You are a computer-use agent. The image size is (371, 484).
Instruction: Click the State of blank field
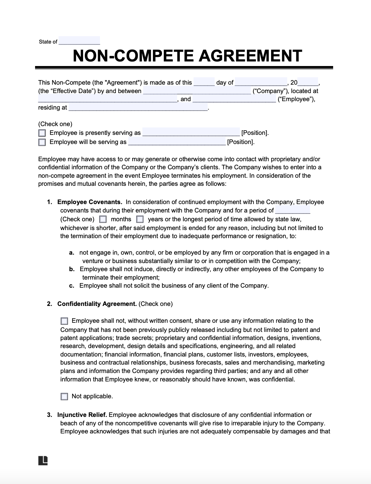(x=79, y=41)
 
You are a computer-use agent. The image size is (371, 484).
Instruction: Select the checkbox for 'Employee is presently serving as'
(x=42, y=133)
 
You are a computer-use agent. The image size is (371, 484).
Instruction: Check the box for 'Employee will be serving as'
(x=42, y=142)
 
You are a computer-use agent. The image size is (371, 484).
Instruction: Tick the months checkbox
(x=103, y=220)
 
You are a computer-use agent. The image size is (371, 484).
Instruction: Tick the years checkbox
(x=140, y=220)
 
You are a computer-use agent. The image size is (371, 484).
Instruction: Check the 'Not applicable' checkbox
(x=64, y=397)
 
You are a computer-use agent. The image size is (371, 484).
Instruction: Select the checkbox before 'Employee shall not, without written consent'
(x=64, y=321)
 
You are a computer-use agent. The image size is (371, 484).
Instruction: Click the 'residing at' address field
(x=138, y=107)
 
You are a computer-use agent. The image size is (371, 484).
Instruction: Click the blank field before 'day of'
(x=204, y=82)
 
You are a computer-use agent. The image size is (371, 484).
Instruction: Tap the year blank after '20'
(x=308, y=82)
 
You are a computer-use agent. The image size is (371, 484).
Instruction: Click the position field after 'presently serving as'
(x=191, y=132)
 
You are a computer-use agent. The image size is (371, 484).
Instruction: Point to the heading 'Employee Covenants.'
(x=89, y=202)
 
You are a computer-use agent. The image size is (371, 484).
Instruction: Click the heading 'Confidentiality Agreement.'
(x=97, y=304)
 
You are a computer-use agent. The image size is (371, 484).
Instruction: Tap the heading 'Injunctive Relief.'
(x=82, y=415)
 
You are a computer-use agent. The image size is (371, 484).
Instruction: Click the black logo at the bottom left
(x=43, y=460)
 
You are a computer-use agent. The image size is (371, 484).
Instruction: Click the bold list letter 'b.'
(x=72, y=269)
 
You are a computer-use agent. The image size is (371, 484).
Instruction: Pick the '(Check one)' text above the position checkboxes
(x=55, y=124)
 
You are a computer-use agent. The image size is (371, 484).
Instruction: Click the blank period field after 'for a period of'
(x=292, y=210)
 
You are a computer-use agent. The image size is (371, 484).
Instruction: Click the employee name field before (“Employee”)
(x=234, y=99)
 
